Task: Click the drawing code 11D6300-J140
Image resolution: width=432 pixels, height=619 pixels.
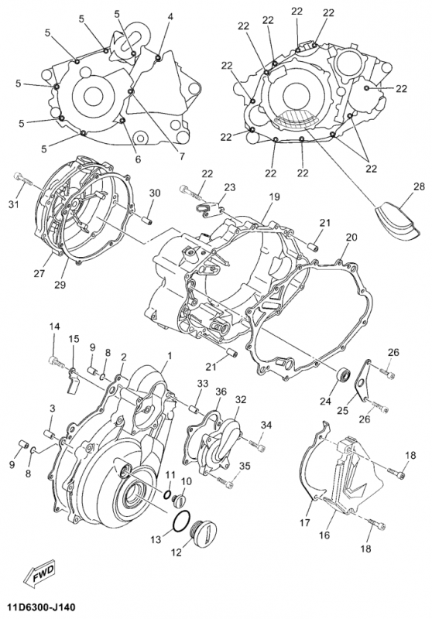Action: pos(41,607)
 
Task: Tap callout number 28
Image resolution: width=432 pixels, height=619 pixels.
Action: pos(419,186)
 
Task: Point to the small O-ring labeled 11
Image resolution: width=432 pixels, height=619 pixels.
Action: pos(167,494)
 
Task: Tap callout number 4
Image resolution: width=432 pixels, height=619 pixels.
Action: pos(170,16)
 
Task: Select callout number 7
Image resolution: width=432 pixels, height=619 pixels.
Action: pos(182,157)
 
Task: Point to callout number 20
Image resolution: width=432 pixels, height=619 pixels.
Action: pos(351,238)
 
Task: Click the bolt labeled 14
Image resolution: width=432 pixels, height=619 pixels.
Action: pos(57,361)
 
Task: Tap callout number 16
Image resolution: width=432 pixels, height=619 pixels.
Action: pos(324,535)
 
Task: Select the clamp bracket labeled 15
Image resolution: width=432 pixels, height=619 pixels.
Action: pos(72,380)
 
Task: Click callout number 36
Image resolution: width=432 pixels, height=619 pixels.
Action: pos(221,391)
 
